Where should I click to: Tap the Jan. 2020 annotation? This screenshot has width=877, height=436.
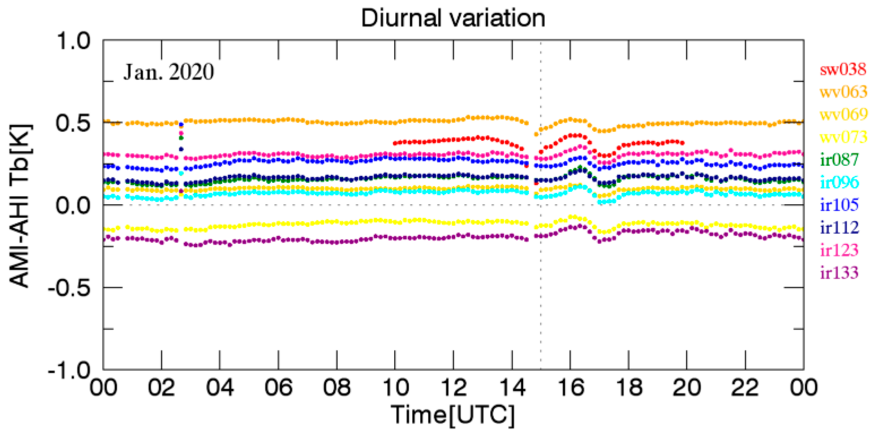(x=168, y=73)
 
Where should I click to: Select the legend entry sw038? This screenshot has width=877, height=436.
(x=842, y=70)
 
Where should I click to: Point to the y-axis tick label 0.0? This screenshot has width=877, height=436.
(x=73, y=205)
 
